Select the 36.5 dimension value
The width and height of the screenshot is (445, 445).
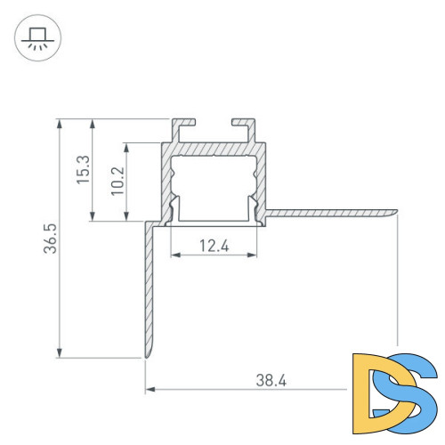(x=52, y=239)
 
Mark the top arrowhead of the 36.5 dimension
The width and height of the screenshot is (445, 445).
(x=60, y=123)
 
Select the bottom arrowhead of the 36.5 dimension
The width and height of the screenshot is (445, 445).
(x=60, y=353)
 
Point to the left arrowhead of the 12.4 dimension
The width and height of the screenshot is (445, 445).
(x=174, y=255)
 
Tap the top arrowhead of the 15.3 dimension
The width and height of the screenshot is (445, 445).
(x=93, y=123)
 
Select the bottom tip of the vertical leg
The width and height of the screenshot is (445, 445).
(x=147, y=356)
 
